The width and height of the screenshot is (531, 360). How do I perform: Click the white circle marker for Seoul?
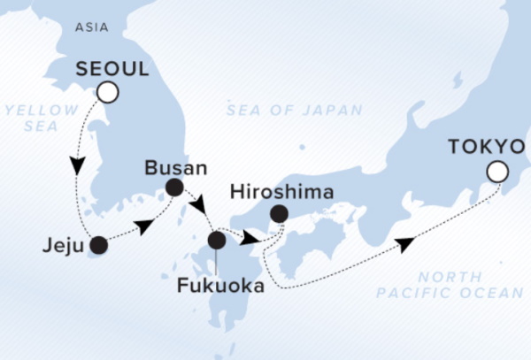point(108,91)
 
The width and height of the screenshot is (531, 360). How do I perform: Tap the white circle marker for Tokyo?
point(499,172)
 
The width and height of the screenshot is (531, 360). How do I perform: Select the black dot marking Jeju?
point(98,245)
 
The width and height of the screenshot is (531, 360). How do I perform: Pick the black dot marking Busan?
point(174,187)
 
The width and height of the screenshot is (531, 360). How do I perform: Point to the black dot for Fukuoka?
point(217,239)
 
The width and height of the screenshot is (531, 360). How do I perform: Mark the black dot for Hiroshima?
point(279,213)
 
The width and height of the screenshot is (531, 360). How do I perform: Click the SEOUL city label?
point(112,68)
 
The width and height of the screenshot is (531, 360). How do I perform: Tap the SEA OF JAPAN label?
point(294,110)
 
